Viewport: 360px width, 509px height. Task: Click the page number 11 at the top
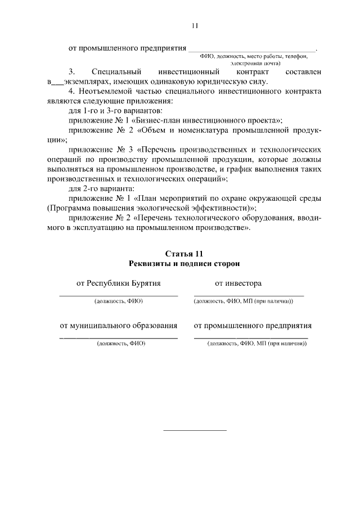click(x=195, y=25)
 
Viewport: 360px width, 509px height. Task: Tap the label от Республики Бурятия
click(x=119, y=283)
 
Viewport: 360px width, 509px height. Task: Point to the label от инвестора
click(x=238, y=283)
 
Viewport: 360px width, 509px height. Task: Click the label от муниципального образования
click(x=119, y=325)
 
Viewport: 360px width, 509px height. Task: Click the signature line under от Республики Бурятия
click(x=119, y=295)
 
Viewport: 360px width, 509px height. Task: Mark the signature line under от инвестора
click(x=249, y=295)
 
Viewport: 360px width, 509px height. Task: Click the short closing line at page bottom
click(x=195, y=430)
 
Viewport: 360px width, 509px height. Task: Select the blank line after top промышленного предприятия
click(x=252, y=51)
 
